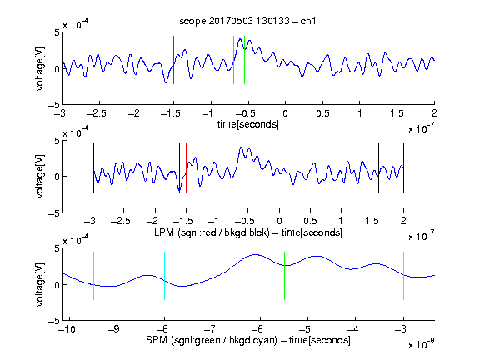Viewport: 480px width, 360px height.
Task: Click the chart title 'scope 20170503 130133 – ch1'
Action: (x=247, y=21)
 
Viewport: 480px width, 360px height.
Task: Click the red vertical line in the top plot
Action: (x=173, y=60)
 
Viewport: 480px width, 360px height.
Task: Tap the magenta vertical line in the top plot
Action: (x=397, y=60)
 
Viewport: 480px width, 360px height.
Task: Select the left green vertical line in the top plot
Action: (x=233, y=60)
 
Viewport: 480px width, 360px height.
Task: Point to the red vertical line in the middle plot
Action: (x=186, y=167)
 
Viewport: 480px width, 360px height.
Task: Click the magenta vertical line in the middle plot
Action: (x=372, y=167)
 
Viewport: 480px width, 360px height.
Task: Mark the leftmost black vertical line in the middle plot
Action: (x=93, y=167)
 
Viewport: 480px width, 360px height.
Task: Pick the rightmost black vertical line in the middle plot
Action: (x=403, y=167)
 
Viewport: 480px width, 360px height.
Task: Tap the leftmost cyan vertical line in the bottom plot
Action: (x=93, y=276)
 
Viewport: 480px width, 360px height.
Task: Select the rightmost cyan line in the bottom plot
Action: (x=403, y=276)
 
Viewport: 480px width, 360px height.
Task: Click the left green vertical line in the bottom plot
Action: (x=212, y=276)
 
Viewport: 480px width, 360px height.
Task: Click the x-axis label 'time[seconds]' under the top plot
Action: (x=248, y=125)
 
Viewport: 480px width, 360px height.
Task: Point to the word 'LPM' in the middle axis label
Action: (x=164, y=232)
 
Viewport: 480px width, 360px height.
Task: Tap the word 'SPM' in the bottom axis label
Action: (x=157, y=340)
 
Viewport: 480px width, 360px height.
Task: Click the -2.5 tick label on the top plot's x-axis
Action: (x=96, y=113)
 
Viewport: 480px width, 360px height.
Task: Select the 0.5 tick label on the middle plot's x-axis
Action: (x=310, y=221)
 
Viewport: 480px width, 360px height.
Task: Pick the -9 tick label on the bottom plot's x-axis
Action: (x=114, y=329)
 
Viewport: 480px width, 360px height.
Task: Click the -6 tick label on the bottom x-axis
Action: (x=257, y=329)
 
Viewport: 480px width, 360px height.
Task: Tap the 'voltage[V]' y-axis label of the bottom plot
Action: (x=40, y=284)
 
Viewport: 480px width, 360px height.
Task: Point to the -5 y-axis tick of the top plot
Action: (x=54, y=105)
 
